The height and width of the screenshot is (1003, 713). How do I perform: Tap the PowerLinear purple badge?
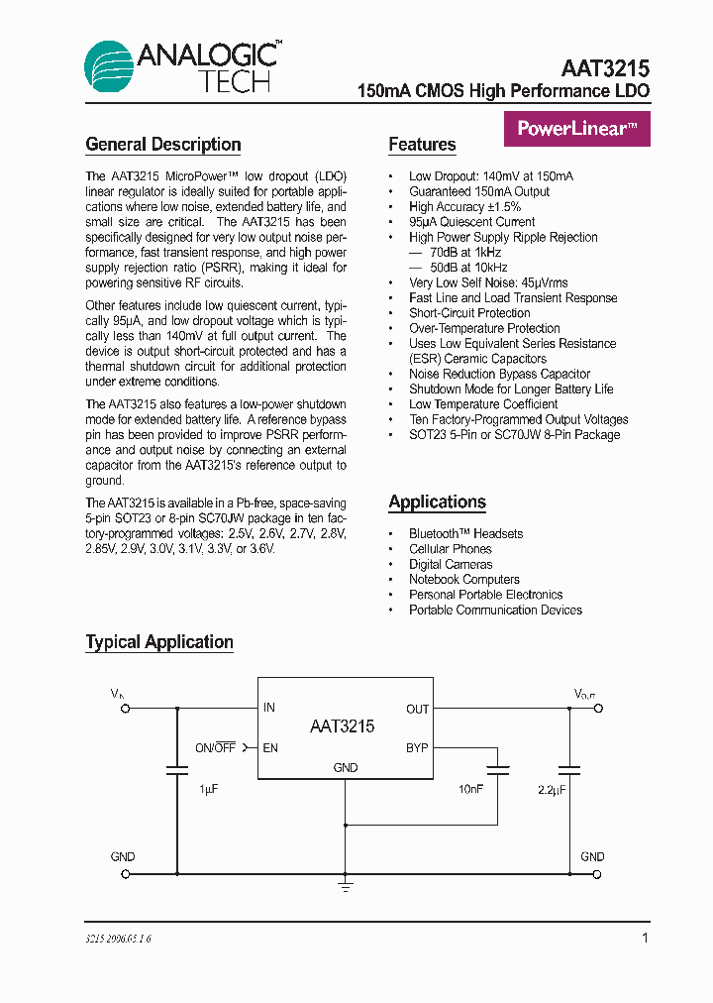pos(577,128)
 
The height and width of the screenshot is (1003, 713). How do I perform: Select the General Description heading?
pos(163,145)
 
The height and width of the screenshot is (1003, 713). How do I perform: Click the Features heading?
pos(422,145)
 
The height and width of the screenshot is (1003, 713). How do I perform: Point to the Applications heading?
pos(437,501)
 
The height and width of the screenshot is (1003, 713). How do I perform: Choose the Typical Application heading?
pos(159,642)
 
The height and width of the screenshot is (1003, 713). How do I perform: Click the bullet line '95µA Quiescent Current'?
pos(471,222)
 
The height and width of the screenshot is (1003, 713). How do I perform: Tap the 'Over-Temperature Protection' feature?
pos(484,328)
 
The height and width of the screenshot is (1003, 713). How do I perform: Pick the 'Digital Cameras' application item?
pos(451,564)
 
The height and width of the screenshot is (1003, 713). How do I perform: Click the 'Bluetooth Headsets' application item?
pos(465,533)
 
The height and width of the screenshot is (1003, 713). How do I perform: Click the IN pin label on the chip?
pos(269,708)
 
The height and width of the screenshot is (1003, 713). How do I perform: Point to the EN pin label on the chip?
pos(270,747)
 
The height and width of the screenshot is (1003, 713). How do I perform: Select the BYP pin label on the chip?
pos(417,747)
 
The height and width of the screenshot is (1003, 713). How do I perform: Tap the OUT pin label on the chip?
pos(417,709)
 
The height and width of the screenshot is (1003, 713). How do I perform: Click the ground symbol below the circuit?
pos(345,884)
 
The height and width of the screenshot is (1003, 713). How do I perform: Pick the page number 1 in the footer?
pos(645,938)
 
